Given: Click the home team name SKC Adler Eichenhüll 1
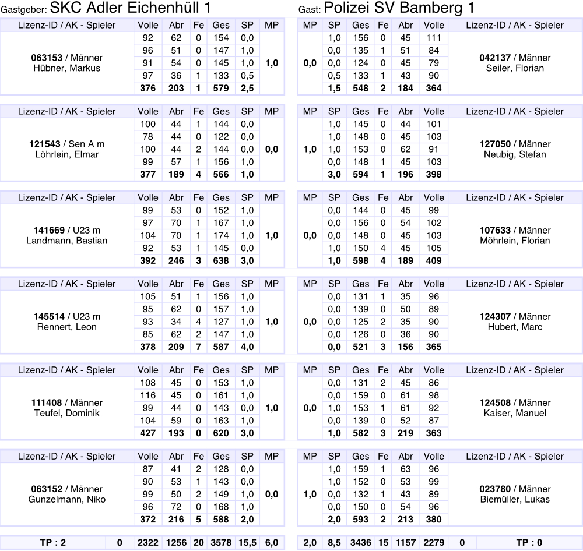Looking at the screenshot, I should pos(130,8).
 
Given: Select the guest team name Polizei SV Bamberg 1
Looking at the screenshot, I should pos(399,8).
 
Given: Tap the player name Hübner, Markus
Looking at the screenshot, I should pos(67,68).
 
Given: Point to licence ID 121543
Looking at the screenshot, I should pos(47,144).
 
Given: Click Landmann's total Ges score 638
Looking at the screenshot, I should pos(221,261).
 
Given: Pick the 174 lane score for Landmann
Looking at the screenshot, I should pos(221,235).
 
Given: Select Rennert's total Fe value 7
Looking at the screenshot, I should pos(199,347).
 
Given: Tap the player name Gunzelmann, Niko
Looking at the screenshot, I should pos(67,499).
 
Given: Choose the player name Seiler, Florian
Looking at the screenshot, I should pos(515,68).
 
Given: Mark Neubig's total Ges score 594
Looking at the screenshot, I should pos(361,175).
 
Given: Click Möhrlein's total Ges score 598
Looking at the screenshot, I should pos(361,261).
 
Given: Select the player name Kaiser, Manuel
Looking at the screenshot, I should pos(515,413).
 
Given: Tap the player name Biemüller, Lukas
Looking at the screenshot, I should pos(515,499).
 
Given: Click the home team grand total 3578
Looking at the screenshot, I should pos(221,543).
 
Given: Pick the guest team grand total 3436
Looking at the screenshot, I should pos(361,543).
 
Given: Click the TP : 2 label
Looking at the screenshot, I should pos(53,543).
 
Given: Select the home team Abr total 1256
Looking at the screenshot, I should pos(176,543).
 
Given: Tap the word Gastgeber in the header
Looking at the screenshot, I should pos(24,10).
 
